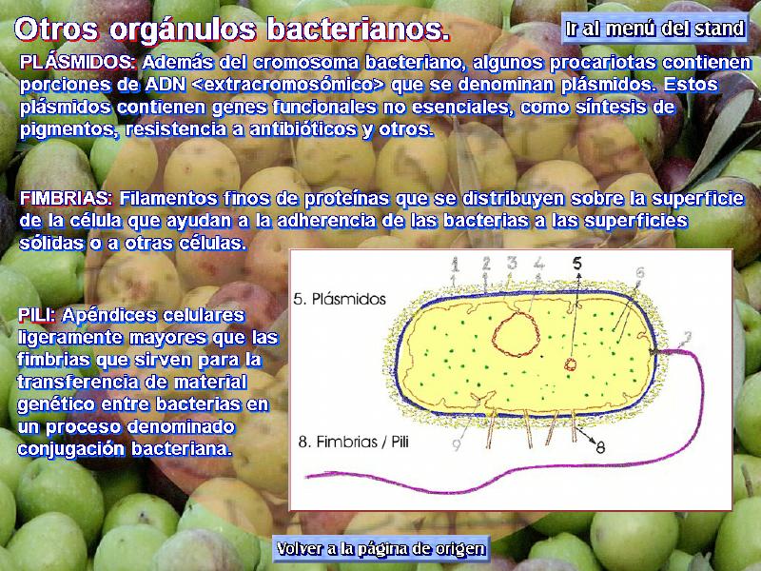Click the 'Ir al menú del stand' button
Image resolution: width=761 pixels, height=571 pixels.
[x=654, y=29]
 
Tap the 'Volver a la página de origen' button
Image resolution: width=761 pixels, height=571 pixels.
[x=381, y=549]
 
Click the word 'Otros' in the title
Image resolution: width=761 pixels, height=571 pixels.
[x=56, y=30]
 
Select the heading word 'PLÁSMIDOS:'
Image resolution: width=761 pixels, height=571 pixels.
[x=78, y=62]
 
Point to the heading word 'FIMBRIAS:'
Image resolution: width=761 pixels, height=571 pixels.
[x=66, y=198]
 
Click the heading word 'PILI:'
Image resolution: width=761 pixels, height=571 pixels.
[x=37, y=315]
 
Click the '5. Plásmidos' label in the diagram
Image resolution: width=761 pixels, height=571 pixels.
[x=340, y=299]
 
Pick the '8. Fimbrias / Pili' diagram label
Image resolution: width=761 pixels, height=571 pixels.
[x=353, y=442]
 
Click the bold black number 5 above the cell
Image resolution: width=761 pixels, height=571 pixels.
[x=576, y=263]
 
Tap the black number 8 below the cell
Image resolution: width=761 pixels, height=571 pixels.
[x=600, y=447]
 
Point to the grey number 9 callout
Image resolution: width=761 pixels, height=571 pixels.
[x=457, y=444]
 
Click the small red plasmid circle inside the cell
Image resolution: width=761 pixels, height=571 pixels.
[x=570, y=364]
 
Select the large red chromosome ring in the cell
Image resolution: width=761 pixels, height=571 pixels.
[x=493, y=335]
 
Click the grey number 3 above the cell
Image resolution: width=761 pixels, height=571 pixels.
[x=512, y=263]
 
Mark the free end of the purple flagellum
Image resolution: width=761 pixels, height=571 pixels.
[x=306, y=477]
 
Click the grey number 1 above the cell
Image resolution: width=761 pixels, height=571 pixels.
[x=455, y=265]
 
